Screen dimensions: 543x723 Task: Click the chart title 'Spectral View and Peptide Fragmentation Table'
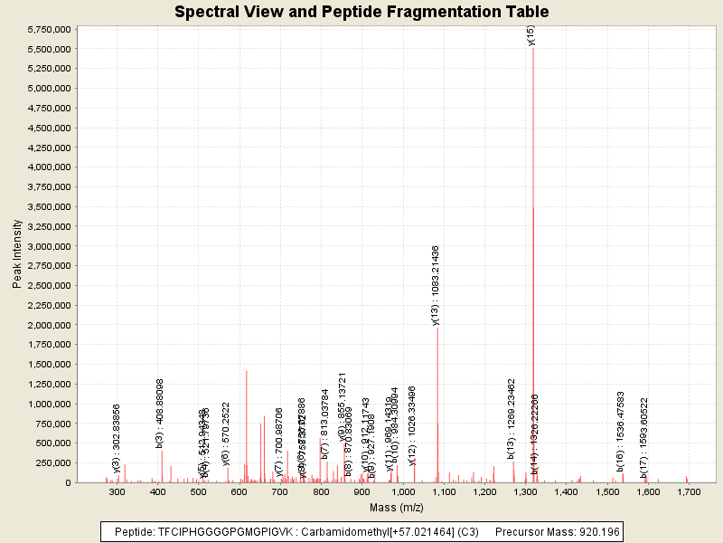tap(361, 12)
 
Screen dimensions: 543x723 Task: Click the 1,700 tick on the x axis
tap(689, 491)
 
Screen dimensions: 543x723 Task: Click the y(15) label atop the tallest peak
tap(531, 35)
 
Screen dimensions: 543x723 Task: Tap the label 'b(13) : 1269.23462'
tap(511, 418)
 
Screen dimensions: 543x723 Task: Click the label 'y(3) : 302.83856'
tap(116, 438)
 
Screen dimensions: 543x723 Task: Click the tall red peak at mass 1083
tap(437, 407)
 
